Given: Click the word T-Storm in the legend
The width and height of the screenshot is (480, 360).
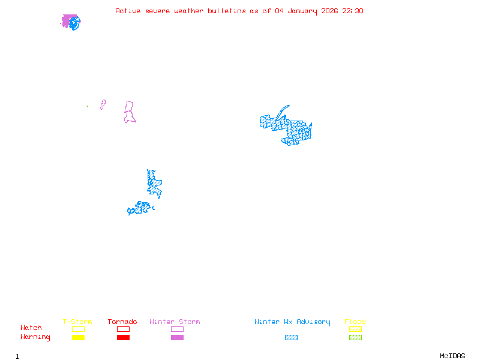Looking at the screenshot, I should click(x=77, y=322).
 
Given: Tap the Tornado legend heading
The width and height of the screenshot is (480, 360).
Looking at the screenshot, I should click(x=122, y=322).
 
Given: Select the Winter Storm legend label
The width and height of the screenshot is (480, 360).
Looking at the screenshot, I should click(x=175, y=322).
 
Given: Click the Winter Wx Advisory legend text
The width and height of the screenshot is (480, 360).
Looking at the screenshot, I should click(x=292, y=322).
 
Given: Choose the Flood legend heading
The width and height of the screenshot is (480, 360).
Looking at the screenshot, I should click(x=355, y=322).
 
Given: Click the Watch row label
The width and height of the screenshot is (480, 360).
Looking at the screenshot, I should click(x=31, y=328).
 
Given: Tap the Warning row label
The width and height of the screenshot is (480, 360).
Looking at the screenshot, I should click(x=35, y=337).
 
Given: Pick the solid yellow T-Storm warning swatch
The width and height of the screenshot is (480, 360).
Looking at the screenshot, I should click(x=78, y=338).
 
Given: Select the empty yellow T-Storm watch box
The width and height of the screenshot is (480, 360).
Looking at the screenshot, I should click(x=78, y=329).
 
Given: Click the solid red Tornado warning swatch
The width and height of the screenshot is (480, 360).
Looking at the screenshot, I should click(x=123, y=338).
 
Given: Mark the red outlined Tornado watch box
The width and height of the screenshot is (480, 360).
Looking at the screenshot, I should click(x=123, y=329).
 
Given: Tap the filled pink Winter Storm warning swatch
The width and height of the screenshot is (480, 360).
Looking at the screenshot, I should click(x=177, y=338).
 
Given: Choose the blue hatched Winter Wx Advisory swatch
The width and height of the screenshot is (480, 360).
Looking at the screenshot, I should click(x=291, y=338).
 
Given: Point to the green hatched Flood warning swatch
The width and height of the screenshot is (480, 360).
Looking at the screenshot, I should click(x=355, y=338).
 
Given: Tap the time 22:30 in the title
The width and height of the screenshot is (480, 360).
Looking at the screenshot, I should click(x=353, y=11).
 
